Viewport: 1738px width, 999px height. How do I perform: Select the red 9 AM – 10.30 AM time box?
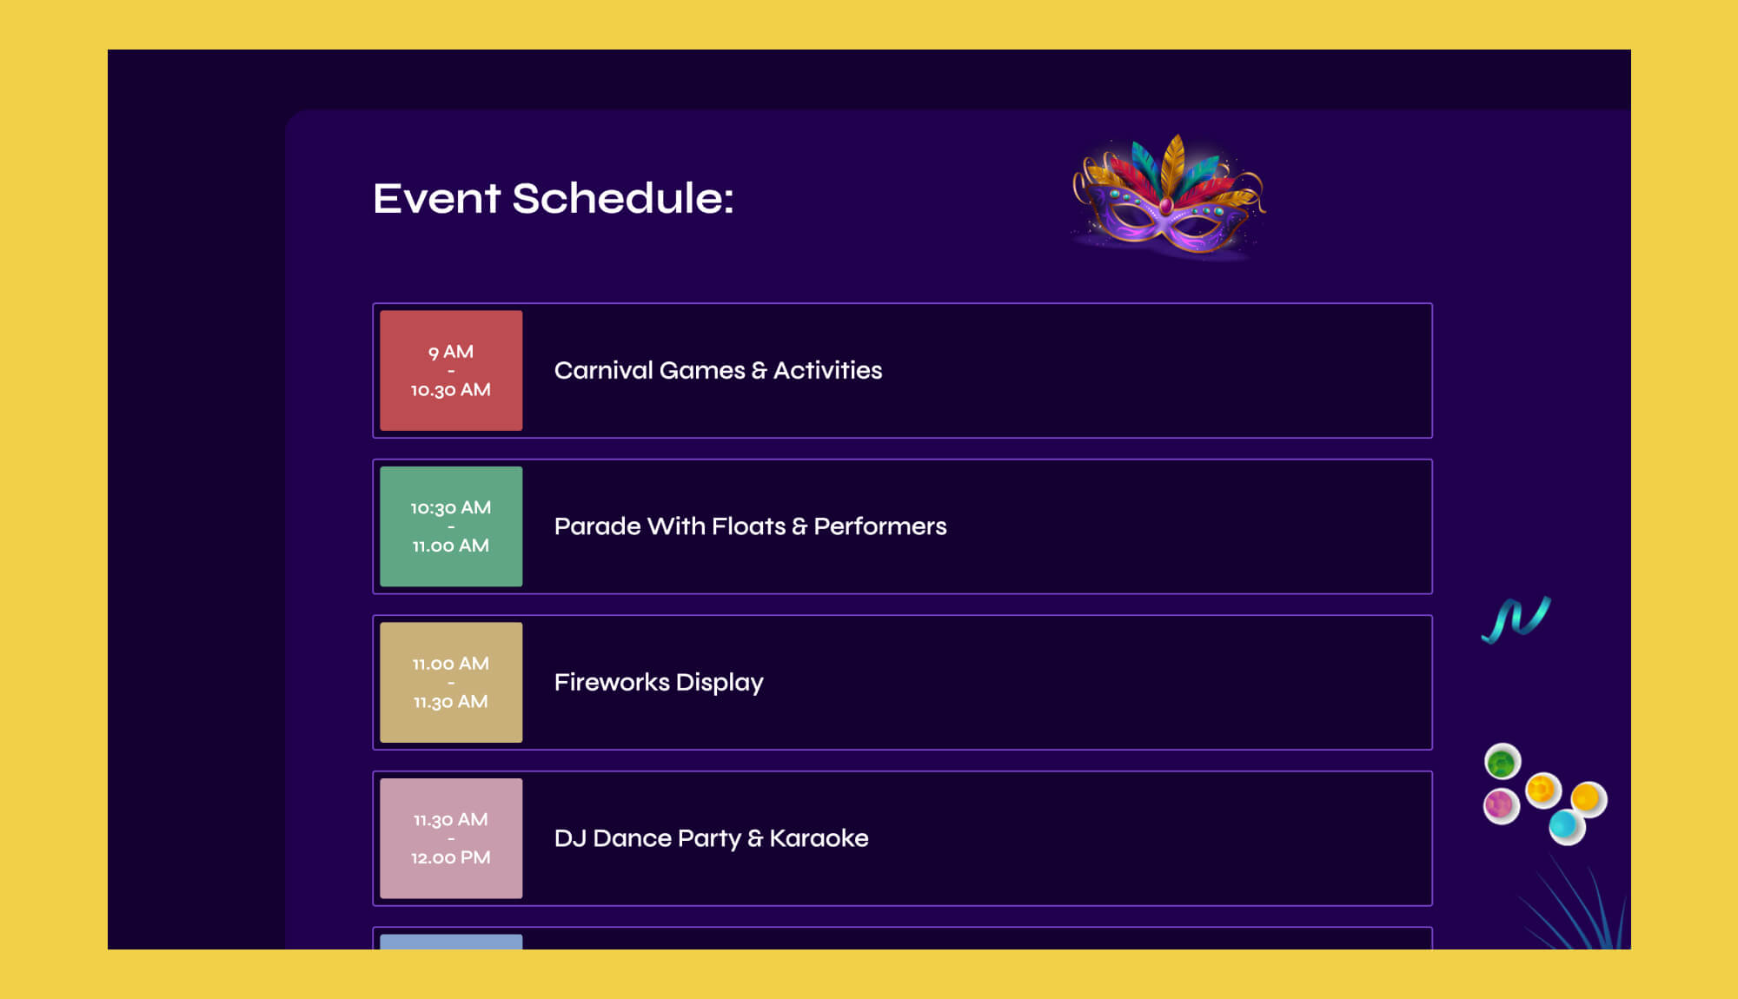pyautogui.click(x=451, y=371)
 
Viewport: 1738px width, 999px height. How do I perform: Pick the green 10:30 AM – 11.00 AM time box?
pyautogui.click(x=451, y=526)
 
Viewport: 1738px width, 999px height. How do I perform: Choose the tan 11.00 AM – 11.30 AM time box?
pyautogui.click(x=451, y=683)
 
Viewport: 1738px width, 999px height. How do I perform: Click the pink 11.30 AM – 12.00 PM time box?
pyautogui.click(x=451, y=838)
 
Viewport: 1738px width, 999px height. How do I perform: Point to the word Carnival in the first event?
pyautogui.click(x=603, y=371)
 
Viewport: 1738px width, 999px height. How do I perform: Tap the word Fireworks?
pyautogui.click(x=612, y=683)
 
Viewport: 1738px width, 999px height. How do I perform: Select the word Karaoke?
pyautogui.click(x=819, y=838)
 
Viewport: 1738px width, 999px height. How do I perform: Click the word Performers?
pyautogui.click(x=879, y=526)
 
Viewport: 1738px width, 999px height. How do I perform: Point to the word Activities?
pyautogui.click(x=827, y=371)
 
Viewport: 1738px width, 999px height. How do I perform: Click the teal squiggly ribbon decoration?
pyautogui.click(x=1516, y=619)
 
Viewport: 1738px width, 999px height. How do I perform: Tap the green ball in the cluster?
pyautogui.click(x=1501, y=763)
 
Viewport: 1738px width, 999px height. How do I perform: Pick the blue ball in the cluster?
pyautogui.click(x=1564, y=824)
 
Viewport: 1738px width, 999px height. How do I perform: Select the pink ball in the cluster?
pyautogui.click(x=1500, y=805)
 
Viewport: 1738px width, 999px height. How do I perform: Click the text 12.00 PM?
pyautogui.click(x=451, y=858)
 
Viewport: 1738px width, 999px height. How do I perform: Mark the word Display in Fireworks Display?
pyautogui.click(x=720, y=683)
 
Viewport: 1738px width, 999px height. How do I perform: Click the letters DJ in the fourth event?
pyautogui.click(x=570, y=838)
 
